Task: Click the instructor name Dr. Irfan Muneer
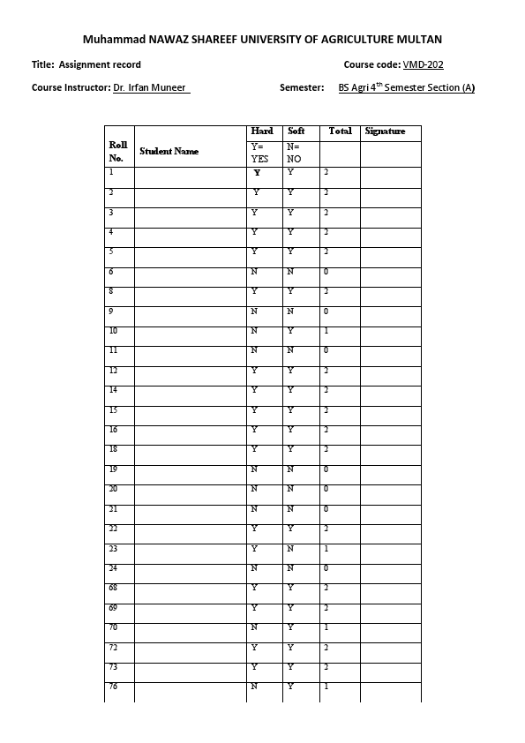point(151,87)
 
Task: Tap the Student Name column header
point(169,151)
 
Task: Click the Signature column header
point(385,131)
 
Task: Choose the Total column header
point(340,131)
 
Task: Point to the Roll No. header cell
point(117,150)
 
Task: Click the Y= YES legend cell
point(260,153)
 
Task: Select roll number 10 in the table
point(114,331)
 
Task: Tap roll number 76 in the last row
point(114,686)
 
